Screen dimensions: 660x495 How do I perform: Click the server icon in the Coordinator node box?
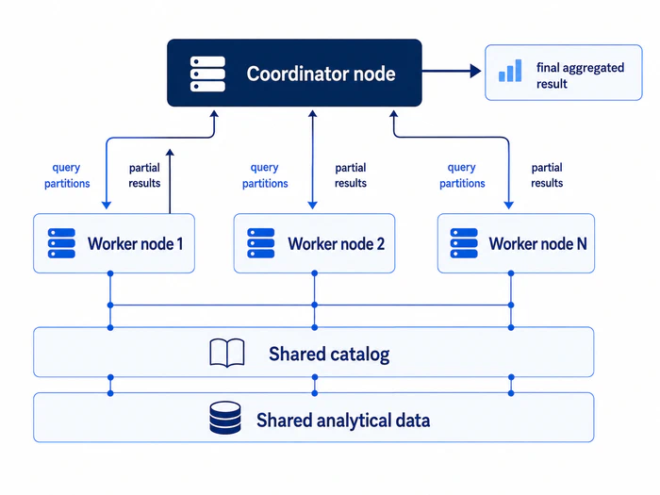(x=207, y=74)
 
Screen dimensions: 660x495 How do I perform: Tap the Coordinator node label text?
(x=321, y=74)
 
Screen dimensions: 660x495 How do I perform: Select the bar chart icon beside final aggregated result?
(x=510, y=71)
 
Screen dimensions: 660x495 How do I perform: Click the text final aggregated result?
(x=580, y=75)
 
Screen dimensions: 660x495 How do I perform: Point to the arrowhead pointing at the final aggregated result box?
(x=475, y=71)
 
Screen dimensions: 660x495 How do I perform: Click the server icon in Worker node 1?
(x=61, y=243)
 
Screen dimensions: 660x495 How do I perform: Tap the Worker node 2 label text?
(x=336, y=243)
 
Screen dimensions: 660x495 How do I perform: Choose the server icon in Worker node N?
(x=464, y=243)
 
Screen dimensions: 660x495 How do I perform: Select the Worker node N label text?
(x=537, y=243)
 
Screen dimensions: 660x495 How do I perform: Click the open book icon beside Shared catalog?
(x=227, y=353)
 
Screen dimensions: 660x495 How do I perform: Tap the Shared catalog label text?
(x=329, y=354)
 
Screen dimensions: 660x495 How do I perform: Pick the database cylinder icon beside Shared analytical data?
(x=225, y=418)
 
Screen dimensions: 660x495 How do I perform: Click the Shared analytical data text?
(x=343, y=421)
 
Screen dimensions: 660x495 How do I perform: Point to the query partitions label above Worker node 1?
(x=67, y=175)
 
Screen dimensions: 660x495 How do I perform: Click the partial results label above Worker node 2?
(x=351, y=175)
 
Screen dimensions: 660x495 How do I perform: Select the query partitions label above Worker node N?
(x=462, y=175)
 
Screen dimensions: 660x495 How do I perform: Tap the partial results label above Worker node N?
(x=547, y=175)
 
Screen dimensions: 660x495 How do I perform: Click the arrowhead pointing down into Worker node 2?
(x=312, y=206)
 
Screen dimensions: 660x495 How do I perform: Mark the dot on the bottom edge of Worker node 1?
(x=110, y=273)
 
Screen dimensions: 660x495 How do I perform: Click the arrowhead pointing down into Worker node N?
(x=509, y=206)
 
